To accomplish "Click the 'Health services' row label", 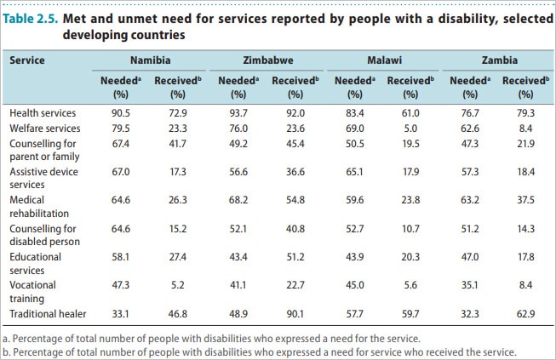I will pyautogui.click(x=43, y=112).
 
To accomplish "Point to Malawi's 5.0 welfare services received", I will pyautogui.click(x=410, y=129).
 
